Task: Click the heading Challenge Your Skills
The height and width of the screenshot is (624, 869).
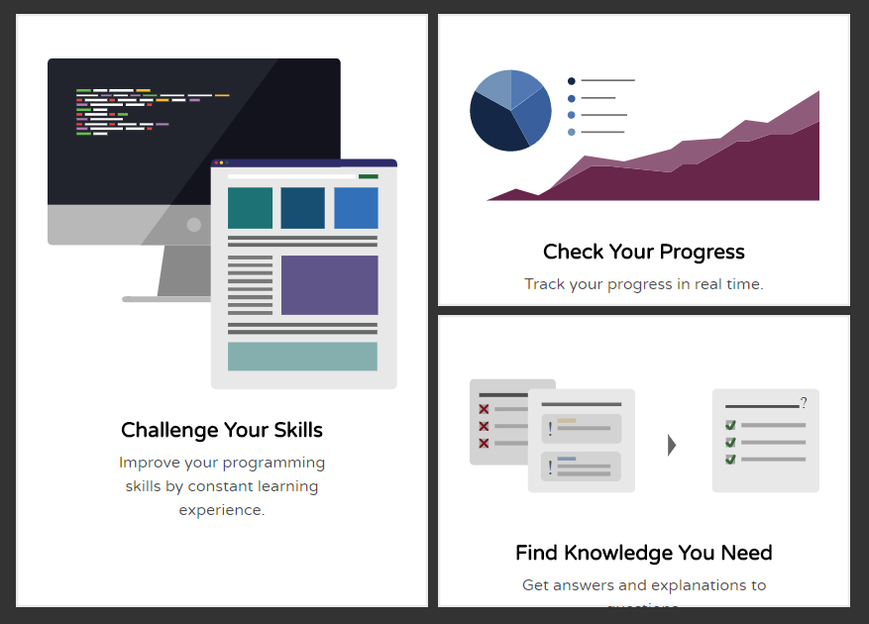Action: pos(222,430)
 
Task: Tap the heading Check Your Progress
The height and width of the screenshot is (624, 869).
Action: pos(644,252)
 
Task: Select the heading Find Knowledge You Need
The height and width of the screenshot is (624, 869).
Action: pos(644,553)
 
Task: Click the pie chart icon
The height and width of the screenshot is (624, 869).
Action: pos(510,110)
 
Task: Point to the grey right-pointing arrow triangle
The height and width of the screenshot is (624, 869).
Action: pos(672,445)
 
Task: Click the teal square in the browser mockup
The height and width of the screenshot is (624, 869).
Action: pos(250,208)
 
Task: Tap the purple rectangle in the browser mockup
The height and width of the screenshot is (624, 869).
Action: pos(329,285)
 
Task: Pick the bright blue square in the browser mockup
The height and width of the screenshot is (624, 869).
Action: pos(356,208)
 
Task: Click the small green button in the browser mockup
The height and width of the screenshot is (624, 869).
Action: pos(368,176)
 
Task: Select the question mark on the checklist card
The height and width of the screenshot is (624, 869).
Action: pos(804,403)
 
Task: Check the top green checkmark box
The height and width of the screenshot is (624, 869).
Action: pos(730,425)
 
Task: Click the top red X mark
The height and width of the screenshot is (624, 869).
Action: pos(484,409)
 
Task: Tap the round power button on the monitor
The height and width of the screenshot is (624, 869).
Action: pos(194,225)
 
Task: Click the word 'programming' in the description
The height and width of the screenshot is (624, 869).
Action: pos(273,463)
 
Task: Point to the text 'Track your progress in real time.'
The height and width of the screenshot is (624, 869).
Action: pos(644,284)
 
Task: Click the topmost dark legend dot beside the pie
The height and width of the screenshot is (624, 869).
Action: pos(572,81)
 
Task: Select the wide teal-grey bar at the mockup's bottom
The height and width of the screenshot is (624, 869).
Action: pos(302,357)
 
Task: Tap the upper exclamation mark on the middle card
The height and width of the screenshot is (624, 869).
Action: pos(550,429)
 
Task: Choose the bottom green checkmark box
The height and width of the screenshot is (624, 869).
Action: pos(730,459)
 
